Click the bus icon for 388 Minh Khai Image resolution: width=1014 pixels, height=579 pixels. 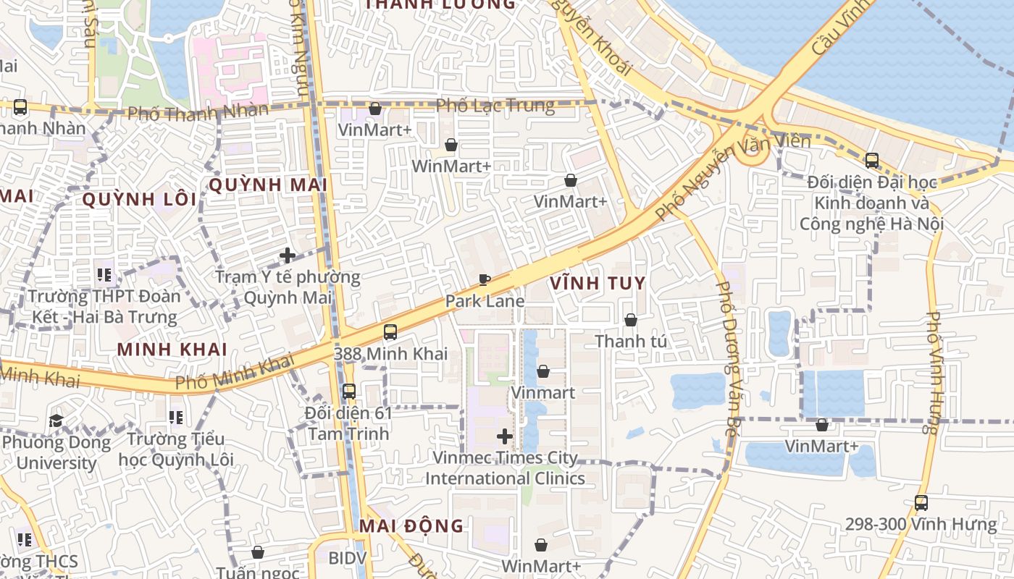390,332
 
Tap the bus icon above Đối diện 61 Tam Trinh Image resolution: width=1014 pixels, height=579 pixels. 349,392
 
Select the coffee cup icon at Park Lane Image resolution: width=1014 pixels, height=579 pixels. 485,279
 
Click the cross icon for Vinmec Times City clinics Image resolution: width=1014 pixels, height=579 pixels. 505,436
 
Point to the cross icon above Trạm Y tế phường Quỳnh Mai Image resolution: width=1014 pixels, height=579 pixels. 288,255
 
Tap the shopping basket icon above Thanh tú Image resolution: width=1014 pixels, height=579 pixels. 631,319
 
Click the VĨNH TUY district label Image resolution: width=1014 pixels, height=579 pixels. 598,283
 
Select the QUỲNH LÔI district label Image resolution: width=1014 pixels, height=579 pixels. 140,200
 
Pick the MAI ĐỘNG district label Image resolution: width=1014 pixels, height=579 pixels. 411,526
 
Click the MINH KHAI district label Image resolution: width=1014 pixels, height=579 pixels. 172,350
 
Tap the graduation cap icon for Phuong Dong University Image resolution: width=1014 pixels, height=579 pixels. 56,420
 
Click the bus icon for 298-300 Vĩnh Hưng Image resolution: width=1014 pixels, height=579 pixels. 921,502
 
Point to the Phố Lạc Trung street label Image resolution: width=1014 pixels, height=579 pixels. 495,106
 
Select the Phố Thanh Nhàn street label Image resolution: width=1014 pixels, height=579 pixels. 197,112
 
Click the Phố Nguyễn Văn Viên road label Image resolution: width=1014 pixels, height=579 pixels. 733,177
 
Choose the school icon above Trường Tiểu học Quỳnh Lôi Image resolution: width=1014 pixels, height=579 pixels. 175,418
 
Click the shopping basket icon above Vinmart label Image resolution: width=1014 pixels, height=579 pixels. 543,371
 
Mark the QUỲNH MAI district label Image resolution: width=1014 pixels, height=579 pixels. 268,185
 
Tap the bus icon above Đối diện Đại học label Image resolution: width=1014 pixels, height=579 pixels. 871,160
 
